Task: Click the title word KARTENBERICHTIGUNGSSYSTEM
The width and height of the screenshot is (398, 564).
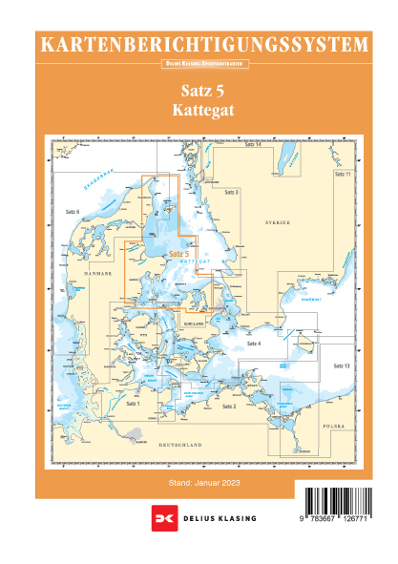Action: point(200,44)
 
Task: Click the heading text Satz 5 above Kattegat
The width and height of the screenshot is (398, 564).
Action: point(200,92)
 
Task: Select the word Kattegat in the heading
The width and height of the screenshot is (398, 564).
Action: point(200,111)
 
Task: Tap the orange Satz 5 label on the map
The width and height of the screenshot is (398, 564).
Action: point(178,254)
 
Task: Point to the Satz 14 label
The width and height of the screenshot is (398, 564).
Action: point(252,144)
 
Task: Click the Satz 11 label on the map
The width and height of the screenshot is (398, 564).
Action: point(342,176)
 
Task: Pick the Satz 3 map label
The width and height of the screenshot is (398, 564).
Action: point(231,193)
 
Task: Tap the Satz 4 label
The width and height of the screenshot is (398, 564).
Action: point(253,343)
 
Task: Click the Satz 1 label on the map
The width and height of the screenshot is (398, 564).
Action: point(133,405)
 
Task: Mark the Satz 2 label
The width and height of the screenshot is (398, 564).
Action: point(228,407)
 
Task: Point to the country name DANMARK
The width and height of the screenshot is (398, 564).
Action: point(98,273)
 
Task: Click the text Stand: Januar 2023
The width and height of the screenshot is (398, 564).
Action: point(199,484)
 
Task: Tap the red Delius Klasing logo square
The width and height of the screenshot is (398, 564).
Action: point(161,519)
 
